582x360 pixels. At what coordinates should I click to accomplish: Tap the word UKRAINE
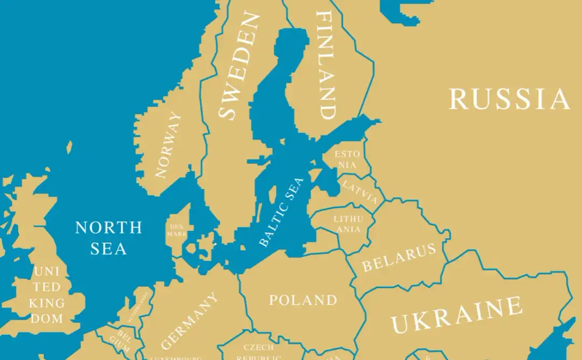457,315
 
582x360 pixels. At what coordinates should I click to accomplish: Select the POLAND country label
303,300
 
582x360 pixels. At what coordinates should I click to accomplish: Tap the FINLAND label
326,65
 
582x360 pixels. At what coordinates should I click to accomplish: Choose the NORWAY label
168,144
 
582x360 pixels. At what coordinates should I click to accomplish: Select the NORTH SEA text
108,238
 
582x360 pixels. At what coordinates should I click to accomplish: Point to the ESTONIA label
347,160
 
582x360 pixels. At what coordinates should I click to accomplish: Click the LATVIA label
360,192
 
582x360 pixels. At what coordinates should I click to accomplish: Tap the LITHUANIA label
348,224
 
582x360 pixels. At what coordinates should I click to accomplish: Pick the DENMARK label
177,230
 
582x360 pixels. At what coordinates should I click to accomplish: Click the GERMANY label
190,321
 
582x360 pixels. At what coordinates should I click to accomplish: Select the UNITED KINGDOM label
46,294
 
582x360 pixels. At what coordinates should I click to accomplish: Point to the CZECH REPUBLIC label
259,352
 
